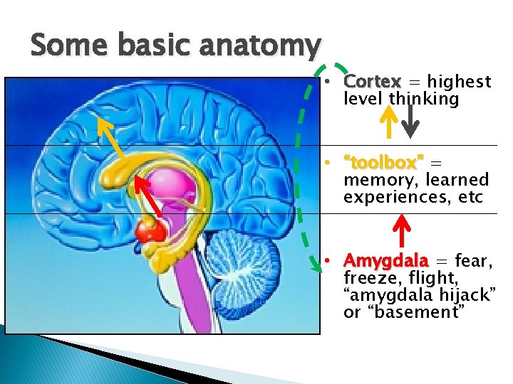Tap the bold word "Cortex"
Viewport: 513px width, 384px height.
pyautogui.click(x=371, y=82)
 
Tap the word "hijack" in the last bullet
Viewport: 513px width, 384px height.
pyautogui.click(x=452, y=295)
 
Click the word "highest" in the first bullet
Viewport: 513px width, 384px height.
pyautogui.click(x=465, y=82)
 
